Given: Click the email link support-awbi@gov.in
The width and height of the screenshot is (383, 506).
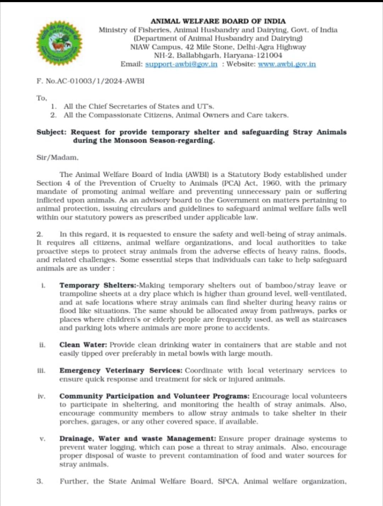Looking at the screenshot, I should [181, 64].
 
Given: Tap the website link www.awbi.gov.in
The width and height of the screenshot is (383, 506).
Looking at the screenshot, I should [287, 64].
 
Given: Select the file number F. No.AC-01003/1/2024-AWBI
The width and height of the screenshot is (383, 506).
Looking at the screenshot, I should [90, 81].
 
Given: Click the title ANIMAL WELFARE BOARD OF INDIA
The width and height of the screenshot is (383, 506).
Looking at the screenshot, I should [218, 21].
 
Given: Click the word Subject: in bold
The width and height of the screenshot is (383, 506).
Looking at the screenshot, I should [51, 132].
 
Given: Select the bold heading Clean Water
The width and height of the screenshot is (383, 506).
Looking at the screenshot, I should [83, 345].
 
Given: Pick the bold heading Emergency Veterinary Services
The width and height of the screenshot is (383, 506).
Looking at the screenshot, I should [121, 370].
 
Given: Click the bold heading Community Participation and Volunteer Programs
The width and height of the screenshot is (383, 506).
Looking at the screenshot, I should [154, 396].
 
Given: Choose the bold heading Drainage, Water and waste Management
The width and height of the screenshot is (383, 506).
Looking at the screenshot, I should [138, 439].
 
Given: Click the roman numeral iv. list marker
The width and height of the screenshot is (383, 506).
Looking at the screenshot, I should [41, 396].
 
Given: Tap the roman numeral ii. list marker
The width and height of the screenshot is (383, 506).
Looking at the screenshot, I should [42, 345].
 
